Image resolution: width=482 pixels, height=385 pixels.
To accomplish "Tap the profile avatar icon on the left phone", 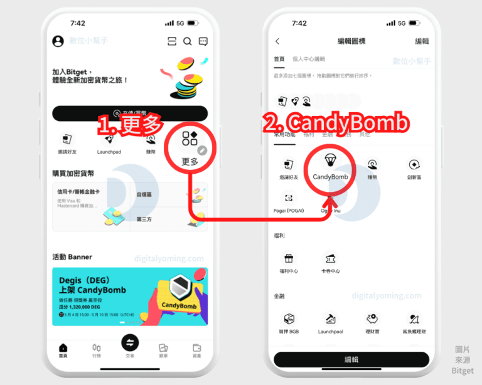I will tap(58, 41).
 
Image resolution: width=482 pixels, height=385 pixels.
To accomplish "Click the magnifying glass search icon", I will tap(187, 41).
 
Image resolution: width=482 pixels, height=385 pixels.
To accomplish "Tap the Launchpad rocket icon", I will tap(108, 139).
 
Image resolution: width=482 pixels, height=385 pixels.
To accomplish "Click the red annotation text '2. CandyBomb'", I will tap(335, 124).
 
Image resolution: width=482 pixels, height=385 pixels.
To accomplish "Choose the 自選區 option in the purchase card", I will tap(145, 195).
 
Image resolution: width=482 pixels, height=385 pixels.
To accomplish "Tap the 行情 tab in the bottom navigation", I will tap(97, 349).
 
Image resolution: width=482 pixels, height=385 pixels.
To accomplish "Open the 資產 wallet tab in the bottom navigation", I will tap(196, 349).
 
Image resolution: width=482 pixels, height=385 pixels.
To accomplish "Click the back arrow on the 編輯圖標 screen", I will tap(278, 41).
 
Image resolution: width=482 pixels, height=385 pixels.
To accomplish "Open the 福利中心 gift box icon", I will tap(289, 258).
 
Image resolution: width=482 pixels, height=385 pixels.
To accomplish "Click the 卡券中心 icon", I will tap(330, 258).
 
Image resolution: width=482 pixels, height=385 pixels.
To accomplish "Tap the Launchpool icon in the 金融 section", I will tap(330, 319).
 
